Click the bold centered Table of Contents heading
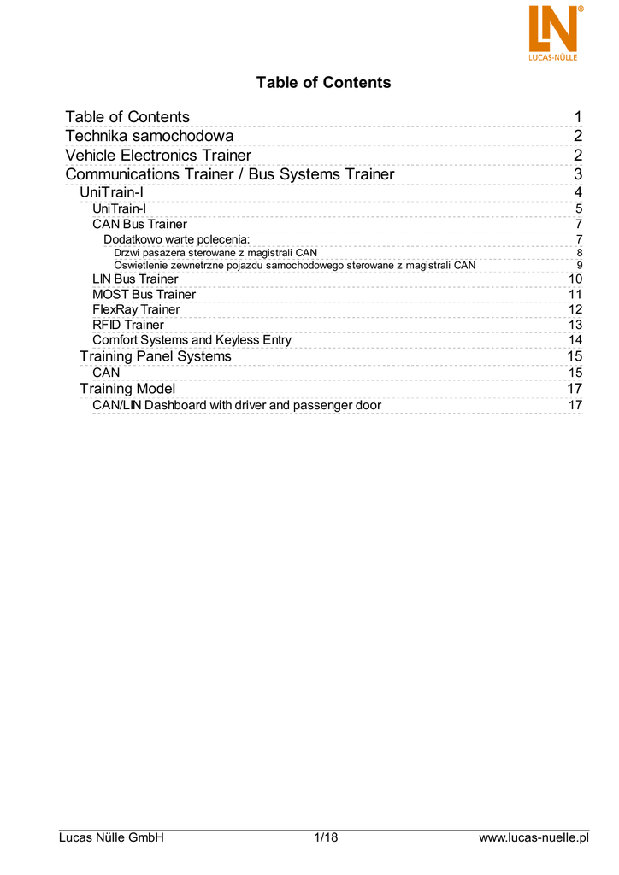click(x=323, y=83)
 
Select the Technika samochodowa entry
click(x=150, y=137)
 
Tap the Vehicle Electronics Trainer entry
click(x=158, y=156)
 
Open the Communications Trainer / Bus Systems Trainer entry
click(x=230, y=174)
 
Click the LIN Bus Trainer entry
click(x=135, y=279)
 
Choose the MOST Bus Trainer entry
click(x=144, y=295)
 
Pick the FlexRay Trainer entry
click(x=136, y=309)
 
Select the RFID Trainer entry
click(x=128, y=325)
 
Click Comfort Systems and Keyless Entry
click(x=192, y=340)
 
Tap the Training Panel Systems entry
click(x=155, y=356)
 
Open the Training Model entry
click(x=127, y=389)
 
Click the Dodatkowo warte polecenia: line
click(x=176, y=239)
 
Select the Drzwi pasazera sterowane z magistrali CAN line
click(x=215, y=253)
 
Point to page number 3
click(x=578, y=174)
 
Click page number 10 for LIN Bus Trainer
click(x=575, y=279)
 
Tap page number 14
click(x=575, y=340)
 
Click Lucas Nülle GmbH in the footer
click(x=111, y=837)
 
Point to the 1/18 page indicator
click(x=327, y=837)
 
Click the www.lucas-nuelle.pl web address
click(x=534, y=837)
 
